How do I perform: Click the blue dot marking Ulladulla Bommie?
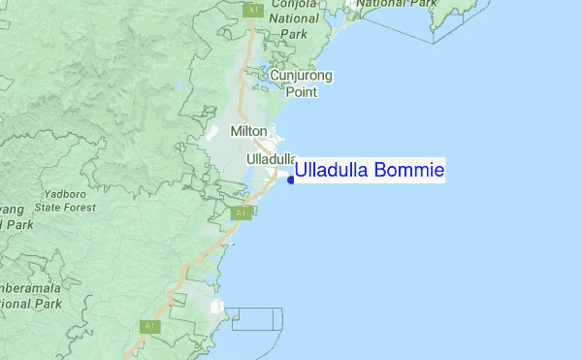point(290,180)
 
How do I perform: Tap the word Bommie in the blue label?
point(407,171)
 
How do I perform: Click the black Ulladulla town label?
point(271,158)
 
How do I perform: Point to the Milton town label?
point(248,130)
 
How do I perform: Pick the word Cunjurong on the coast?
point(301,76)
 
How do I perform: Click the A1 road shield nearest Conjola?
point(252,10)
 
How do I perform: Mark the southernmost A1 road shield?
point(149,327)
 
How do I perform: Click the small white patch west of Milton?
point(210,132)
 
